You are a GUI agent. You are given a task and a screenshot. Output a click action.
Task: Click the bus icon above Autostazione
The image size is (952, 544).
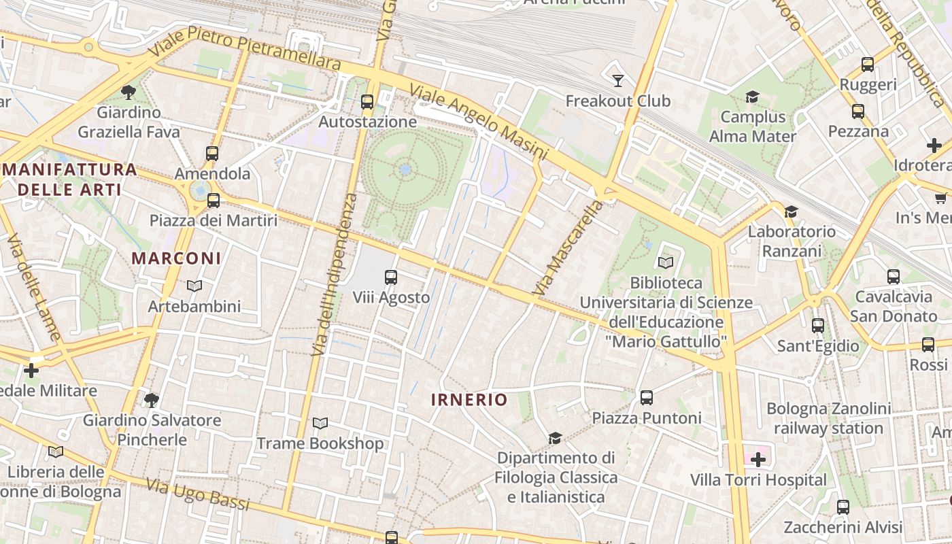(367, 102)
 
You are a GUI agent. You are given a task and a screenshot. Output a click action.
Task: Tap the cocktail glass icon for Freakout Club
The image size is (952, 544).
(617, 81)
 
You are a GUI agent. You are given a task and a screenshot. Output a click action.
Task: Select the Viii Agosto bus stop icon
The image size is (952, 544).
(391, 277)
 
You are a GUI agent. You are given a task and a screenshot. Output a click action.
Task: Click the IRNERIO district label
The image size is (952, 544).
(469, 400)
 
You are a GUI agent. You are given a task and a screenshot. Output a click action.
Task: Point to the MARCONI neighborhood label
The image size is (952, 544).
(176, 258)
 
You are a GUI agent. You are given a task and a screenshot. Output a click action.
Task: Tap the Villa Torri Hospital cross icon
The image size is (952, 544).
(758, 460)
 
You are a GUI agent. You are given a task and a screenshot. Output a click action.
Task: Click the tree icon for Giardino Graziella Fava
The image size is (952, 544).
(128, 92)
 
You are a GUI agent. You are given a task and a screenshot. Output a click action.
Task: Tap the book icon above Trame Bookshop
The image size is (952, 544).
(320, 424)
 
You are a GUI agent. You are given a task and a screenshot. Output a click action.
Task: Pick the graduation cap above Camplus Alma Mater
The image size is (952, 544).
(752, 97)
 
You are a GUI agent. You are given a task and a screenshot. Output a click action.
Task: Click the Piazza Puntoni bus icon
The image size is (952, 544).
(647, 398)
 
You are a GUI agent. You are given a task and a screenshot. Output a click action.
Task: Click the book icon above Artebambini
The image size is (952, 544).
(194, 286)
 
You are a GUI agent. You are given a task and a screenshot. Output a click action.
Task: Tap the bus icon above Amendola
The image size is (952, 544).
(212, 154)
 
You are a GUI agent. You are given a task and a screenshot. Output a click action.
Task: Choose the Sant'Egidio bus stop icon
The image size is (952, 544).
(818, 326)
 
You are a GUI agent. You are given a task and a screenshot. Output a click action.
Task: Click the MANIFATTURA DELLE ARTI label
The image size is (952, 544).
(69, 180)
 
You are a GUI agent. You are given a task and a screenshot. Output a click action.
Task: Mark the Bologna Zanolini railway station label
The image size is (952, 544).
(828, 418)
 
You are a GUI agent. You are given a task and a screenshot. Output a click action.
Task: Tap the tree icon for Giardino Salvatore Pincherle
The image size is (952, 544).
(152, 400)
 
